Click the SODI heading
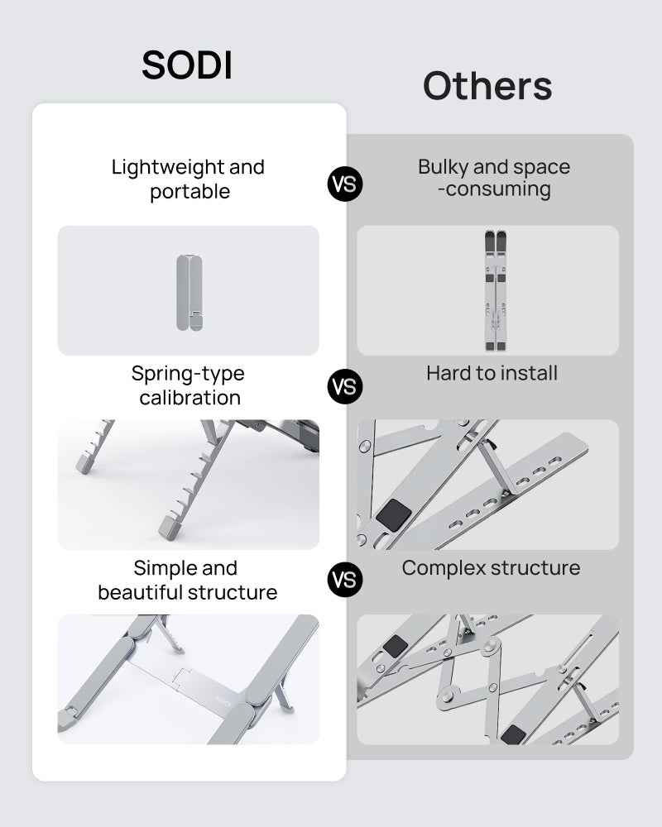[187, 65]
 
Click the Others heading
[487, 86]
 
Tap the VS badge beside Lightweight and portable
[345, 184]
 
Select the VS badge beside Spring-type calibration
[345, 386]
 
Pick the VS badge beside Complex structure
[345, 579]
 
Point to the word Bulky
[445, 167]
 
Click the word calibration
[189, 398]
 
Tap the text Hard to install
[492, 373]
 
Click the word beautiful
[140, 593]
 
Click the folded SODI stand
[189, 292]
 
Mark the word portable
[189, 192]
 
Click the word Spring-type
[188, 374]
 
